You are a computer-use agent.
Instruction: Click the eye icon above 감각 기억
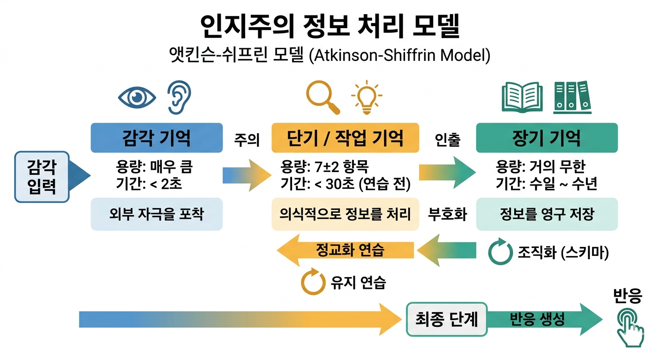tap(136, 97)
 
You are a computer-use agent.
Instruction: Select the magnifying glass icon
tap(322, 97)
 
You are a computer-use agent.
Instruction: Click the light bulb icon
tap(367, 97)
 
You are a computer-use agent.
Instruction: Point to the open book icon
tap(522, 97)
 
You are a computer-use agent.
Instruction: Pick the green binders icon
tap(572, 97)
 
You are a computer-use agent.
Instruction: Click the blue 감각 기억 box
tap(157, 138)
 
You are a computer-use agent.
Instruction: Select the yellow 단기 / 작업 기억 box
tap(345, 138)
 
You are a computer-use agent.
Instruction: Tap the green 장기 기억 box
tap(547, 138)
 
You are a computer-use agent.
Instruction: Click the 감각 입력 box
tap(42, 177)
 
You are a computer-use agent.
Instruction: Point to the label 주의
tap(247, 139)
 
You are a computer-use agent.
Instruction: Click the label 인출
tap(447, 139)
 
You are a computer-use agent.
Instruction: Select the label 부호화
tap(447, 214)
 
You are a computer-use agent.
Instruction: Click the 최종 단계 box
tap(446, 319)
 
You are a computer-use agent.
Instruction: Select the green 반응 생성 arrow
tap(539, 319)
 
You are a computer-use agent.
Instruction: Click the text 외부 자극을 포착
tap(157, 214)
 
